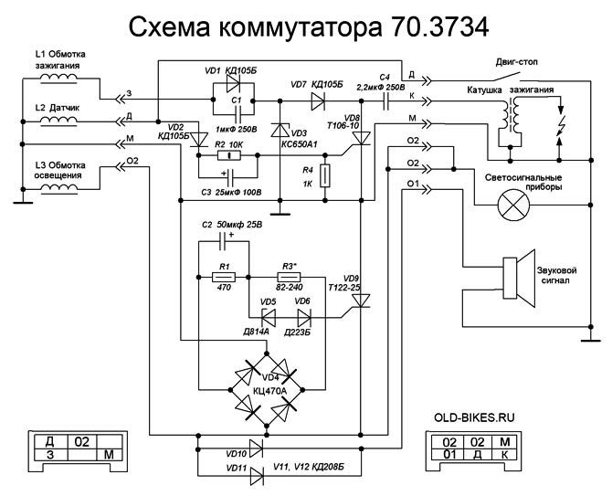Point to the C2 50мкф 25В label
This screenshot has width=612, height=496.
click(231, 223)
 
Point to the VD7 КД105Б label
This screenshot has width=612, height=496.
click(317, 84)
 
